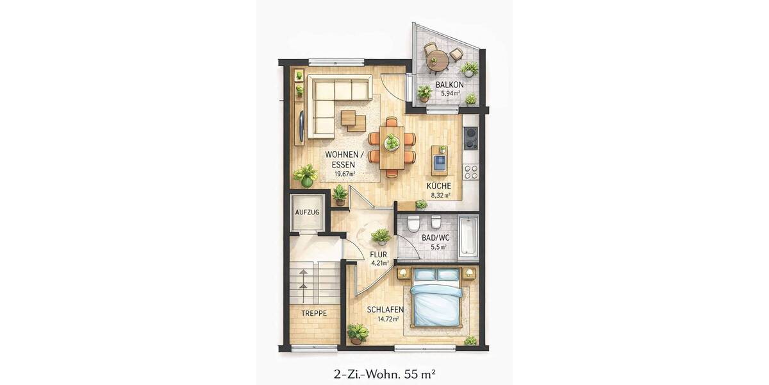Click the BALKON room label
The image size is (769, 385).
point(449,85)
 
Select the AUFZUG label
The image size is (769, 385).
point(306,212)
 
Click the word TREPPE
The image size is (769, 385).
point(314,314)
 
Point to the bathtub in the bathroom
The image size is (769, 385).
point(468,235)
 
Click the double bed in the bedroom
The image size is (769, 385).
point(436,298)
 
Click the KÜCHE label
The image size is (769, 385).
point(439,186)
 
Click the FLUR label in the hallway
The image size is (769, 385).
point(379,253)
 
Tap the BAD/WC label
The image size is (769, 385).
point(436,238)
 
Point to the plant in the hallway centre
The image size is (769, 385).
point(381,236)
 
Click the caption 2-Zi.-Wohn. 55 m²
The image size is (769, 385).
point(384,372)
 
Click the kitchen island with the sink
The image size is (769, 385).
point(440,160)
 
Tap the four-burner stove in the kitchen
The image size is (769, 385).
point(471,172)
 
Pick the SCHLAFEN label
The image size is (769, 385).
point(385,310)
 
